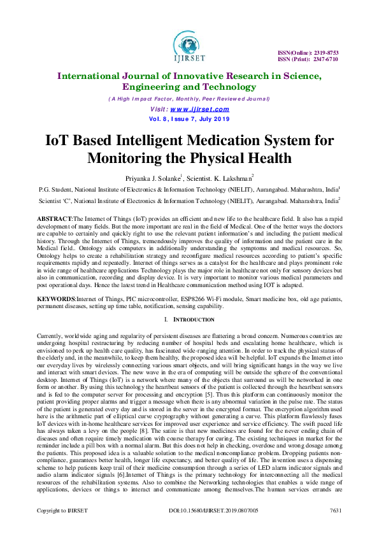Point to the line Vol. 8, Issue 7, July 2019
point(189,118)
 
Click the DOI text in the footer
point(208,528)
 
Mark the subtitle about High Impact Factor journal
point(189,99)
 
